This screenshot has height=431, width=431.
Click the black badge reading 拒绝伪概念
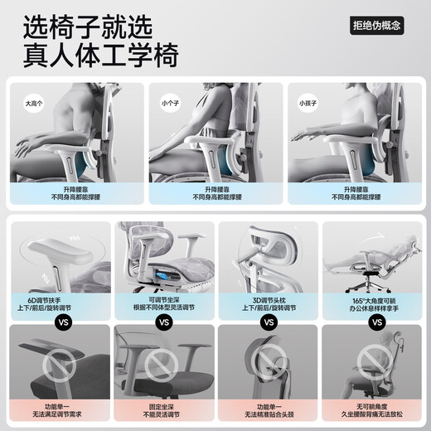(376, 25)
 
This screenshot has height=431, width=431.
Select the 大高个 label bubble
(34, 104)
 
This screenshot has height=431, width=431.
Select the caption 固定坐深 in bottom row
(163, 407)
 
